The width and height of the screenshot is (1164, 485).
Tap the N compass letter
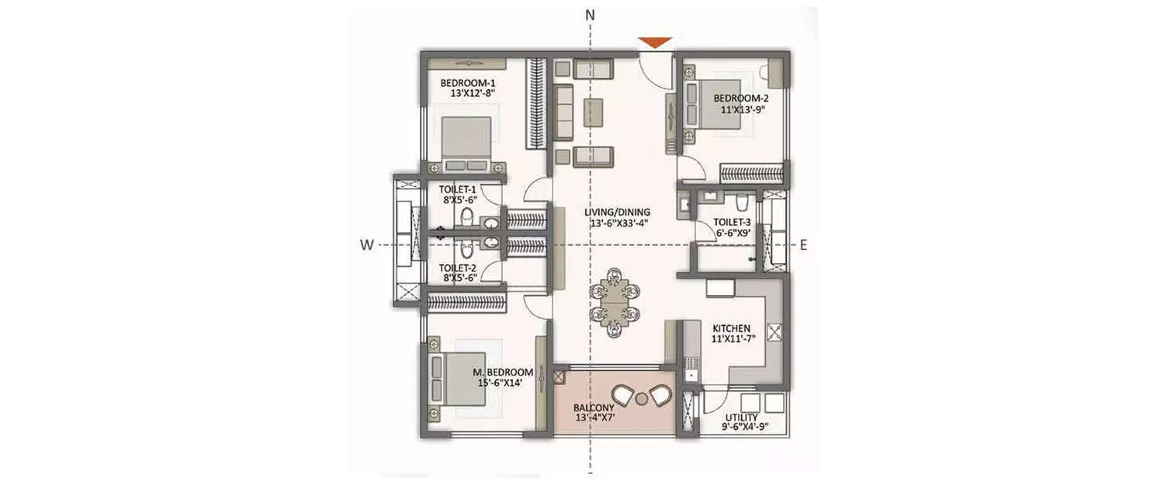590,15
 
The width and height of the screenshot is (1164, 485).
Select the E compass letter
804,245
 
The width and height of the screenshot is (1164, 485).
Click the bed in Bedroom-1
466,144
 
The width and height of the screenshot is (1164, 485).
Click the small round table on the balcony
641,399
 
